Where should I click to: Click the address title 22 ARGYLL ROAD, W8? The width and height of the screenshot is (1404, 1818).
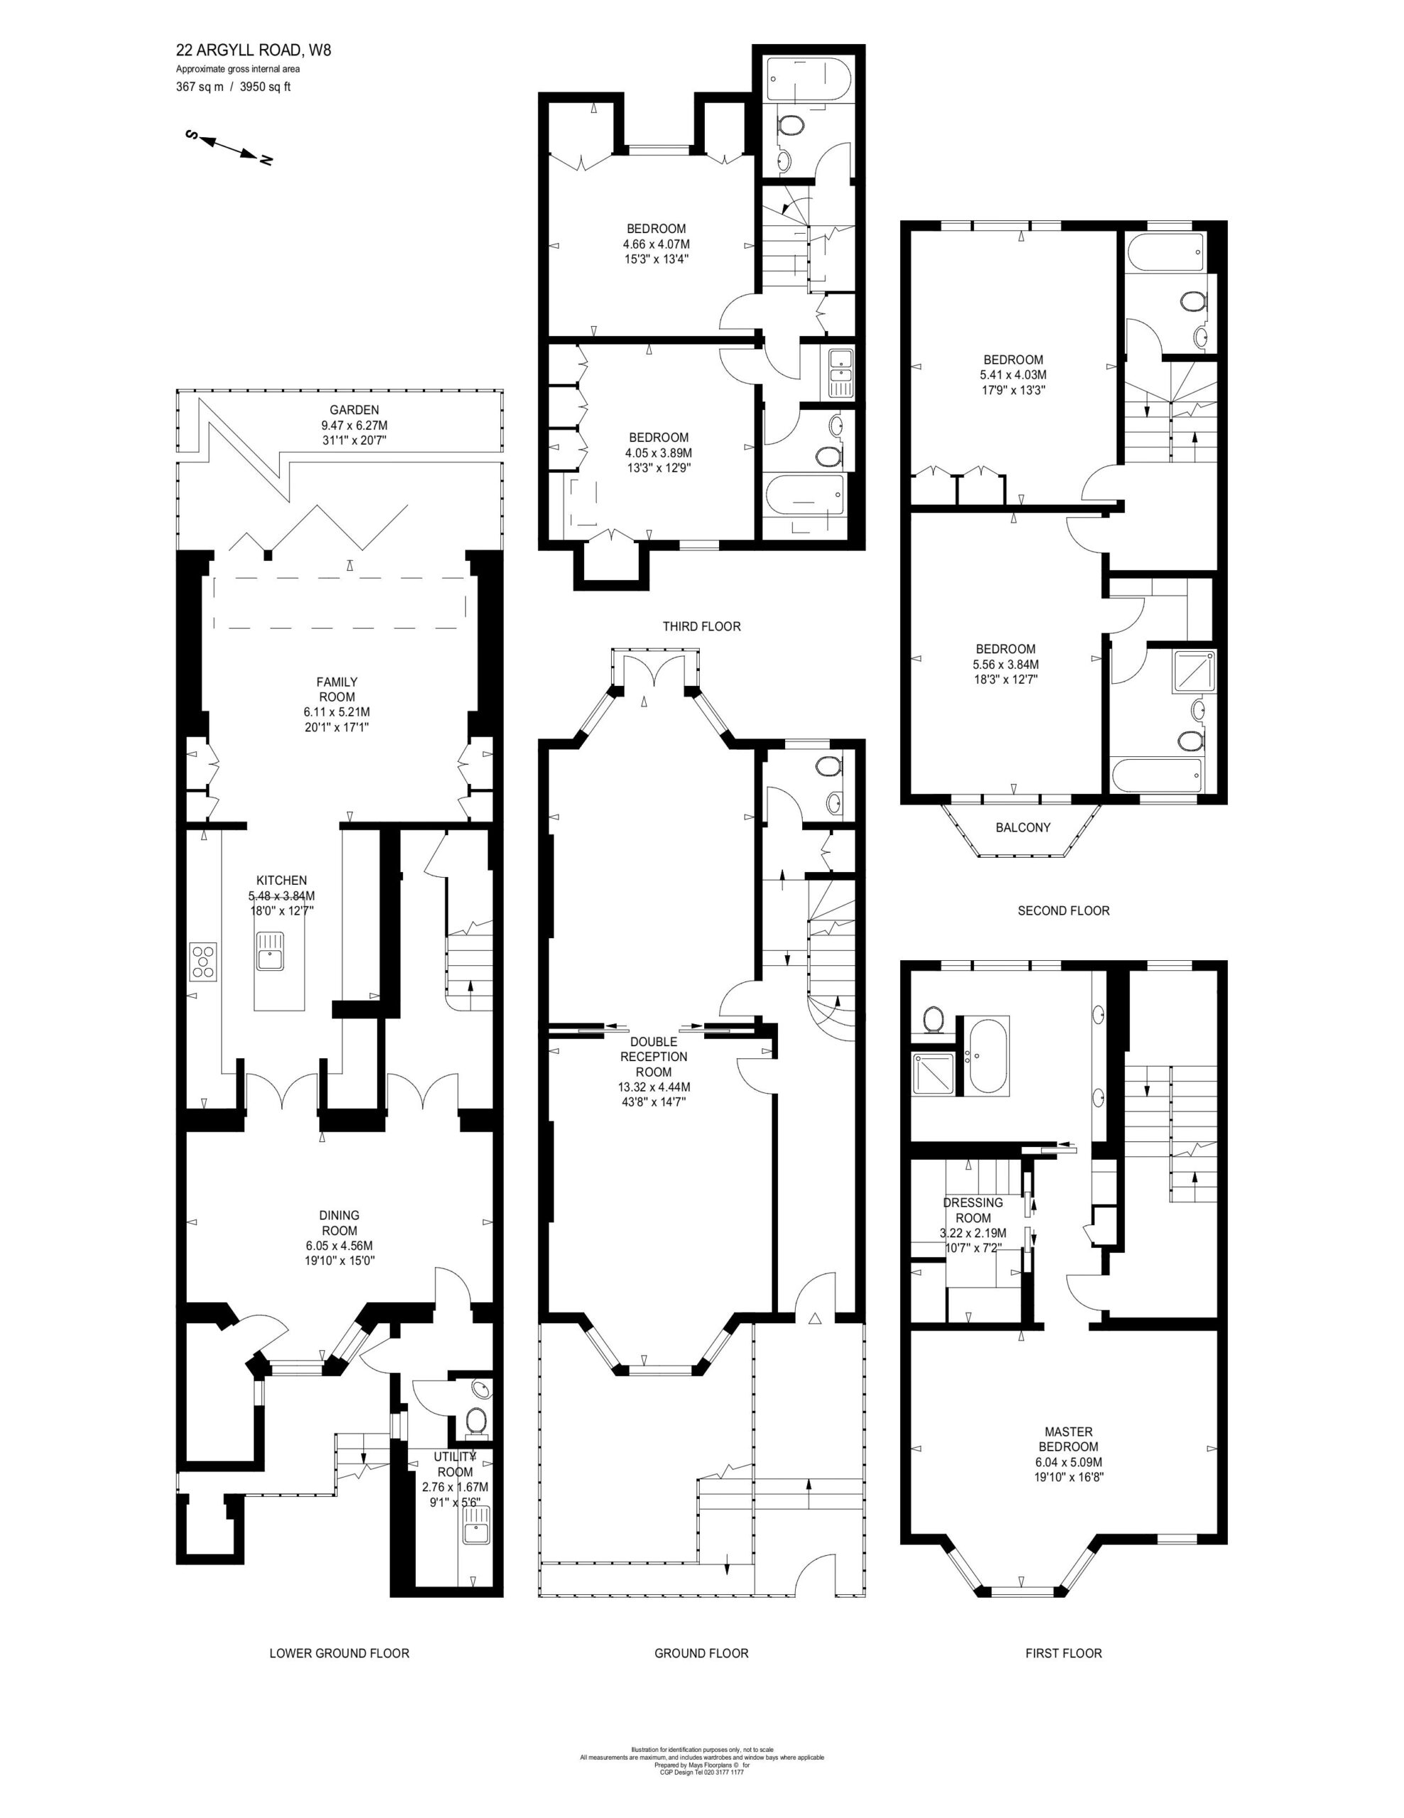[253, 50]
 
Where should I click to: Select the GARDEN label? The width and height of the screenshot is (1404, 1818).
[354, 410]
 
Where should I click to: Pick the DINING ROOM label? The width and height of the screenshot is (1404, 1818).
[339, 1223]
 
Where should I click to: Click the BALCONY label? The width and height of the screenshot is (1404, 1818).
[1023, 827]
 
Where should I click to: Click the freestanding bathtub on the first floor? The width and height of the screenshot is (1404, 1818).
[989, 1055]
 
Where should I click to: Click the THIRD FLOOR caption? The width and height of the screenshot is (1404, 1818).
[701, 626]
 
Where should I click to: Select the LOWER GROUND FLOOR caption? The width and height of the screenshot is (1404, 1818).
[339, 1653]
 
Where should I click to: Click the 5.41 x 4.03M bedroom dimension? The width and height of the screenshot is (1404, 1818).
[1013, 374]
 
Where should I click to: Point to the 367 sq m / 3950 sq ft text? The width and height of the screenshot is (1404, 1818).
[233, 87]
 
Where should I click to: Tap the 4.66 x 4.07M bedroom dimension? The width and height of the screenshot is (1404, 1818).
[657, 244]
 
